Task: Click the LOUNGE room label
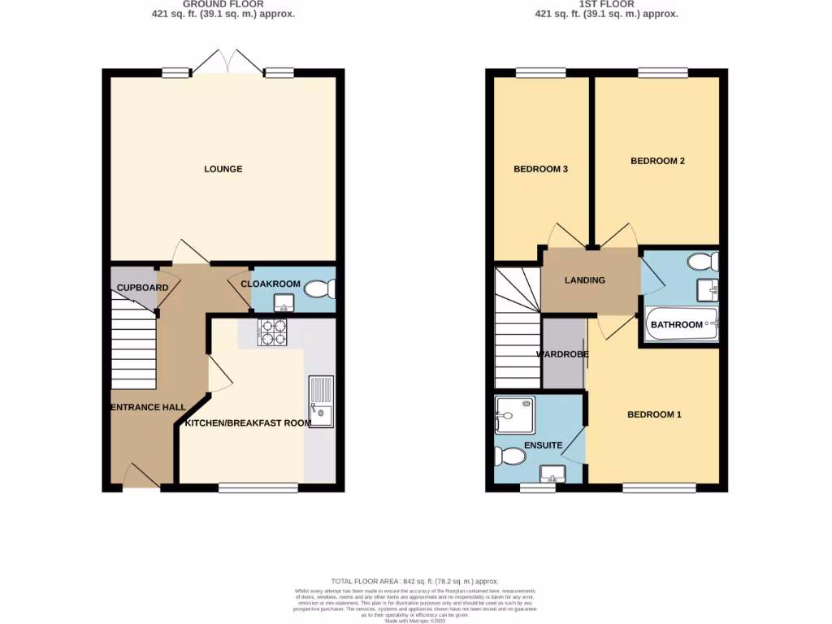pos(223,169)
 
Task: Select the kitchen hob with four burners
pos(272,333)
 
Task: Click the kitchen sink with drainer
pos(320,401)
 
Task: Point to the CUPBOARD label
pos(142,288)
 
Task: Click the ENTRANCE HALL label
pos(148,407)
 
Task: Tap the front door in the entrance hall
pos(141,477)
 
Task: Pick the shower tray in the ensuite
pos(515,414)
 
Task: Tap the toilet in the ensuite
pos(511,457)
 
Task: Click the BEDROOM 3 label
pos(540,169)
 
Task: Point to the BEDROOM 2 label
pos(657,161)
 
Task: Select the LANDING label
pos(585,280)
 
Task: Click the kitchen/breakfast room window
pos(258,487)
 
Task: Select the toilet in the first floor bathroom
pos(702,262)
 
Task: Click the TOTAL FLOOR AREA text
pos(415,582)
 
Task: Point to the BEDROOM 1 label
pos(654,414)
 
